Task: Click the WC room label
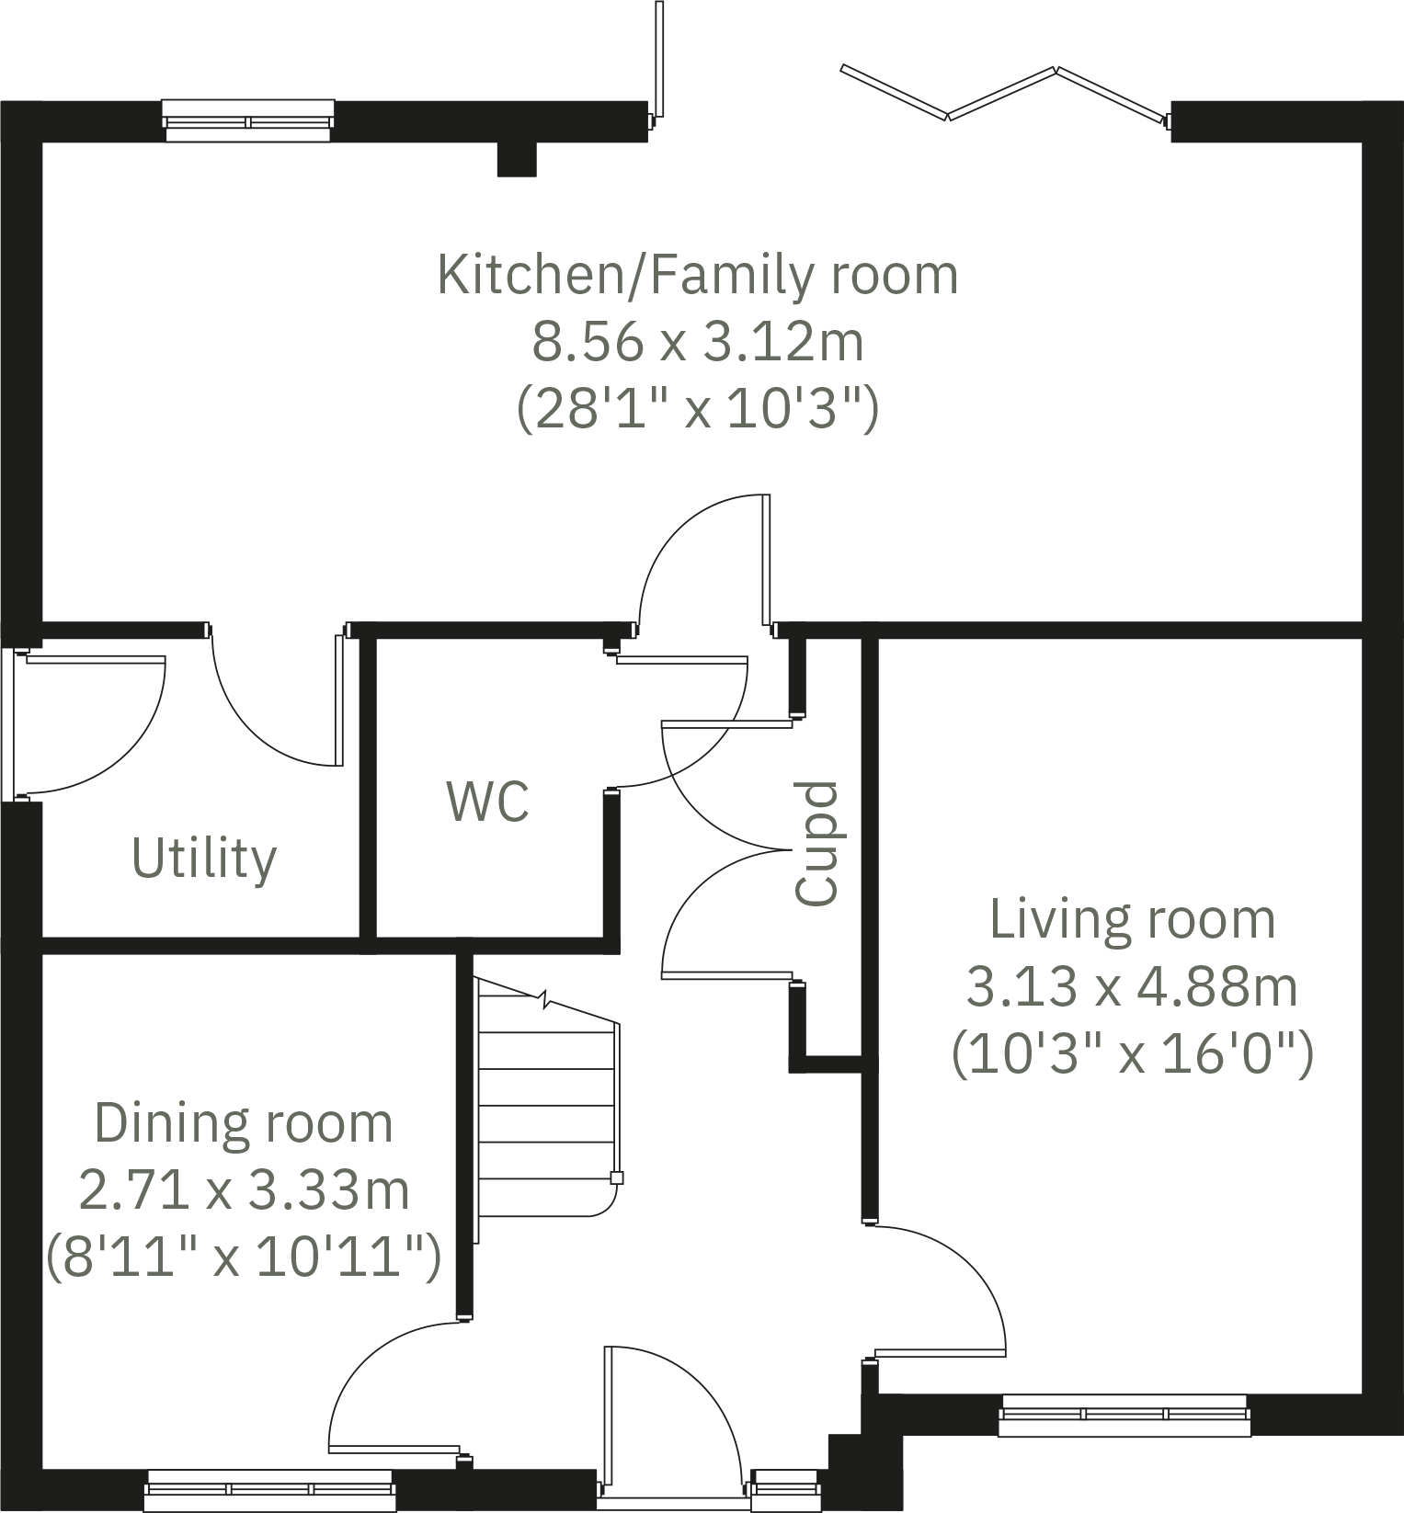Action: click(487, 802)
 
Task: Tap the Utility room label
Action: click(204, 859)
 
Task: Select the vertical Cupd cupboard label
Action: click(816, 844)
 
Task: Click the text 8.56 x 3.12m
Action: click(698, 342)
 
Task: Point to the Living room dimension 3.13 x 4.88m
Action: click(1132, 987)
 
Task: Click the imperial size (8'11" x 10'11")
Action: click(244, 1257)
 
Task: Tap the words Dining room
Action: click(244, 1123)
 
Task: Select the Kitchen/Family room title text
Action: click(698, 275)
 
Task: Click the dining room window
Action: click(270, 1490)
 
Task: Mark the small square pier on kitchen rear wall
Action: click(517, 159)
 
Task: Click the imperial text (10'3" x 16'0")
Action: click(1132, 1054)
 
